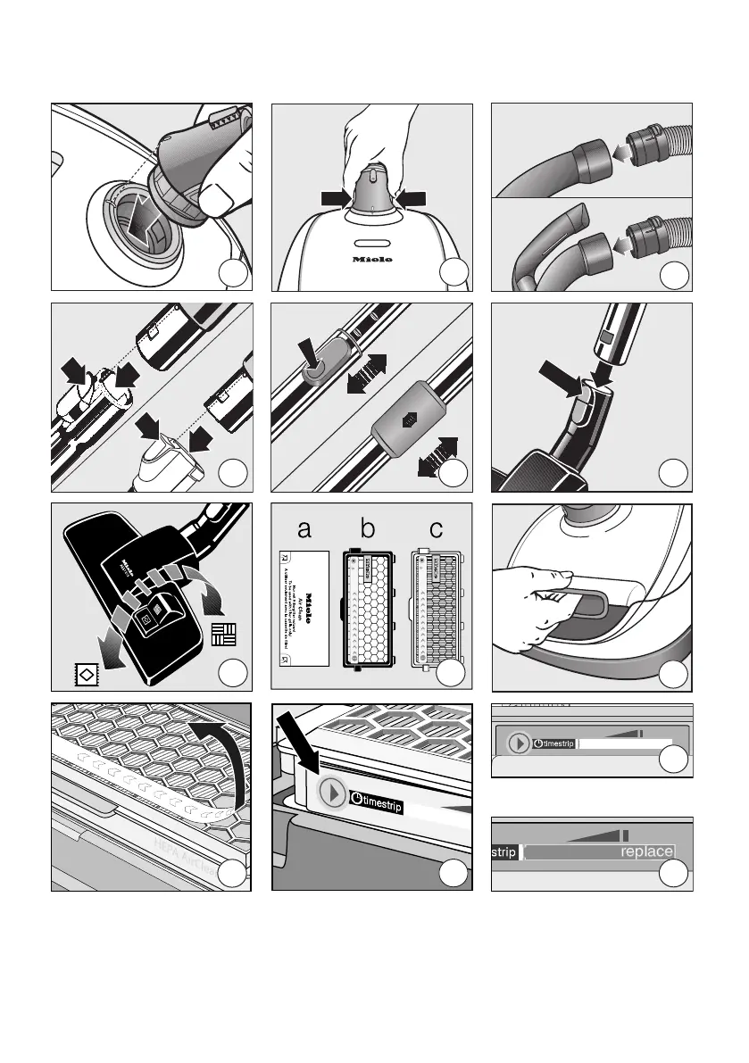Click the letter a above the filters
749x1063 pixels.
[x=304, y=529]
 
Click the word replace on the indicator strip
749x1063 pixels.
[x=646, y=851]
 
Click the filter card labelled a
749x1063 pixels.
[x=305, y=610]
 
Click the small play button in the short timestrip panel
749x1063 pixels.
[x=517, y=743]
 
